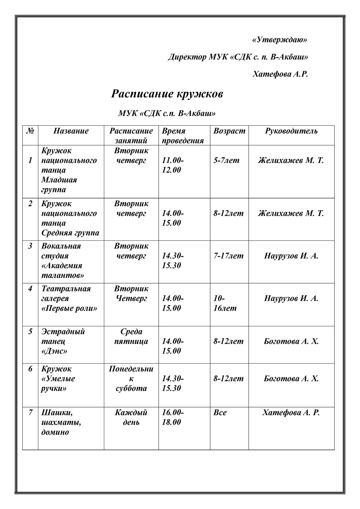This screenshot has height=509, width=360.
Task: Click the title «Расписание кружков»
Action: pyautogui.click(x=167, y=94)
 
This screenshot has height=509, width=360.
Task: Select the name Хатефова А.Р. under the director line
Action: pyautogui.click(x=280, y=74)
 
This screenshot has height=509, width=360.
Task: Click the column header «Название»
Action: pyautogui.click(x=71, y=131)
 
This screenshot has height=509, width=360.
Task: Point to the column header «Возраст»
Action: pyautogui.click(x=229, y=131)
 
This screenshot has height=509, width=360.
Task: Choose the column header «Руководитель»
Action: pyautogui.click(x=291, y=131)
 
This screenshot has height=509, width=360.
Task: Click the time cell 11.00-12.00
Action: pyautogui.click(x=173, y=165)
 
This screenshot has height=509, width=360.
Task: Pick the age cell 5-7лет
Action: pyautogui.click(x=226, y=160)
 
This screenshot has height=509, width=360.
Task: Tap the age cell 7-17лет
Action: pyautogui.click(x=228, y=256)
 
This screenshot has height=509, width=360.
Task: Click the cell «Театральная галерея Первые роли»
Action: pyautogui.click(x=69, y=298)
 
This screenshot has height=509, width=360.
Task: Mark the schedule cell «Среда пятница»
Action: pyautogui.click(x=131, y=336)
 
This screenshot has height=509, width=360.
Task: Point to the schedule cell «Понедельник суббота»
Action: pyautogui.click(x=131, y=378)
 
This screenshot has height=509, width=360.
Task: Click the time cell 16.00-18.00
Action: pyautogui.click(x=173, y=417)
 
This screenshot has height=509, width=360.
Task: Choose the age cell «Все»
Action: pyautogui.click(x=220, y=413)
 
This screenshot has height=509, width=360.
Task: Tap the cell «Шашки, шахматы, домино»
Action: pyautogui.click(x=61, y=422)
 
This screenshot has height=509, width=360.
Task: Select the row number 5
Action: pyautogui.click(x=30, y=331)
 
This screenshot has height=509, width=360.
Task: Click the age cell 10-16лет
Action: pyautogui.click(x=224, y=303)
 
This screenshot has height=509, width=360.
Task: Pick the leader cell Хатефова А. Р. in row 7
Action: pyautogui.click(x=291, y=413)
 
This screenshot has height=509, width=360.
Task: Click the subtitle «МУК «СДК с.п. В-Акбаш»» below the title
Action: pyautogui.click(x=167, y=113)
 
